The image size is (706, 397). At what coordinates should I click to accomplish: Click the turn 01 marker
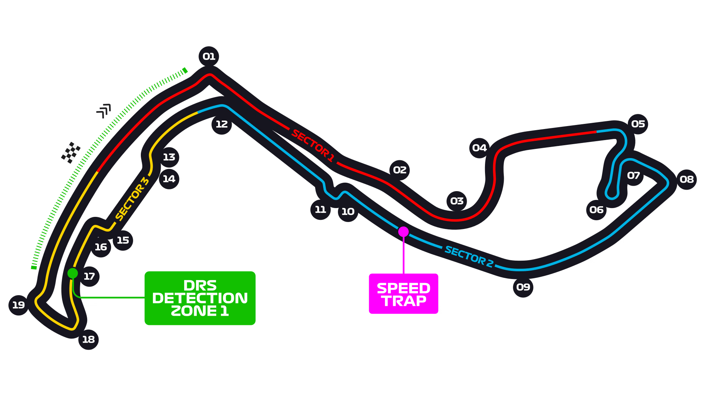click(x=209, y=57)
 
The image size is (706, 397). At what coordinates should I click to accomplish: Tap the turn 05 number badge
click(x=638, y=124)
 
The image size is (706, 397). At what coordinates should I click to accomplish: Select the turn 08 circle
click(x=687, y=179)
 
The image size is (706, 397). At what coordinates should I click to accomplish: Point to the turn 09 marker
click(x=523, y=287)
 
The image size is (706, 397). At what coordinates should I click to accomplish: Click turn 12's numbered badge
click(x=222, y=124)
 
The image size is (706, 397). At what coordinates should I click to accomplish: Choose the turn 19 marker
click(x=19, y=305)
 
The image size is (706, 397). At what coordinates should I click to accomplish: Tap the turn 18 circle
click(x=88, y=340)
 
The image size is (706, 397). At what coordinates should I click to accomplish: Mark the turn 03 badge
click(x=457, y=201)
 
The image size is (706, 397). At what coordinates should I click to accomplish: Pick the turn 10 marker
click(x=348, y=212)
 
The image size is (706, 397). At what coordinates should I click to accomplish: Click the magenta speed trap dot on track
click(x=403, y=232)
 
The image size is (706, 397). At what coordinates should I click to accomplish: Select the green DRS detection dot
click(x=72, y=273)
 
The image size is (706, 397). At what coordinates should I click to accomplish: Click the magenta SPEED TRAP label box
click(x=403, y=294)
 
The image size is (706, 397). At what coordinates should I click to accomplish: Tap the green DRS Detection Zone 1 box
click(x=200, y=298)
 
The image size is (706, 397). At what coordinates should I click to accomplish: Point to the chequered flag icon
click(x=71, y=153)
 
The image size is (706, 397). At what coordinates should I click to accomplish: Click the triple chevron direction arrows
click(x=104, y=111)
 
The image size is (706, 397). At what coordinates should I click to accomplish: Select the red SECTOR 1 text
click(x=313, y=146)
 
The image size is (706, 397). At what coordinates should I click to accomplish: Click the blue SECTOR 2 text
click(x=469, y=256)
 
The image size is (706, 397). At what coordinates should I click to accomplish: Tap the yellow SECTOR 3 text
click(x=132, y=199)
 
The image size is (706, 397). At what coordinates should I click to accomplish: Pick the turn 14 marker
click(x=169, y=179)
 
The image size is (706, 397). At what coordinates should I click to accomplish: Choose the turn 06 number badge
click(x=596, y=210)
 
